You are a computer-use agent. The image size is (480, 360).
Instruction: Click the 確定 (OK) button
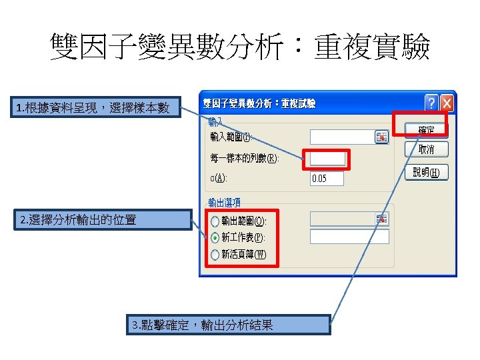tap(426, 129)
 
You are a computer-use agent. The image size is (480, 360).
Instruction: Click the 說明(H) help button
tap(426, 173)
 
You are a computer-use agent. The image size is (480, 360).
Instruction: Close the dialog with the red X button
tap(445, 103)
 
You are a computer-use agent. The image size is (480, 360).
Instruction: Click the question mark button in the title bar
tap(431, 103)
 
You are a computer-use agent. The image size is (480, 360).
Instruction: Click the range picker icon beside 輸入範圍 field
tap(381, 137)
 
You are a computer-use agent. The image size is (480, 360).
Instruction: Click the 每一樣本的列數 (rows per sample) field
tap(327, 159)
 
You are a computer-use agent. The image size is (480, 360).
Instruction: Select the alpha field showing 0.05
tap(327, 179)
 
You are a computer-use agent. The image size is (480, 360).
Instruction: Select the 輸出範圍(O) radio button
tap(214, 221)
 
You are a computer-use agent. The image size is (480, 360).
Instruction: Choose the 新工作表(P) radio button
tap(214, 237)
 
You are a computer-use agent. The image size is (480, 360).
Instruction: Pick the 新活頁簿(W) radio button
tap(214, 254)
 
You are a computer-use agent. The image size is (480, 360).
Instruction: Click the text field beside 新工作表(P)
tap(349, 237)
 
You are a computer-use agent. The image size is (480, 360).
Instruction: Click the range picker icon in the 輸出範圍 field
tap(381, 219)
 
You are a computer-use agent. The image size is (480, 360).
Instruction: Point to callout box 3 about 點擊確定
tap(229, 325)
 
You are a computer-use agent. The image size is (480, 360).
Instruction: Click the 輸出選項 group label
tap(224, 202)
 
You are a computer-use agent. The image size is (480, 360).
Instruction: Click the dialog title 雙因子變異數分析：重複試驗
tap(260, 103)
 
